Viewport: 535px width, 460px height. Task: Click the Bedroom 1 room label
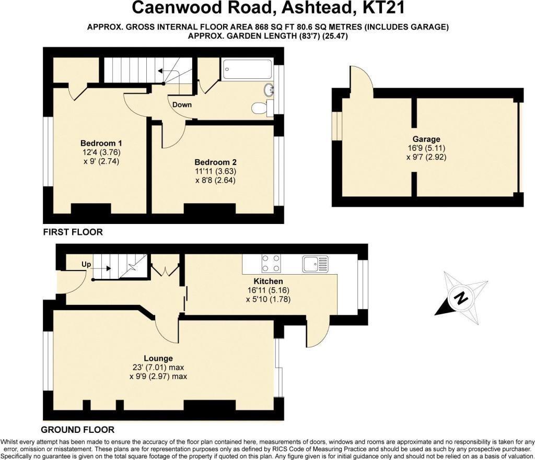(101, 143)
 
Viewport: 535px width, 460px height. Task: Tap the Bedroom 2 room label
(215, 162)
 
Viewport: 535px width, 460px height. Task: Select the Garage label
(426, 139)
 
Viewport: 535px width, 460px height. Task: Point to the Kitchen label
(268, 281)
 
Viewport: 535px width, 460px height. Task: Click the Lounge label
(158, 358)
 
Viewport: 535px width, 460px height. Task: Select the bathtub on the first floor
(247, 70)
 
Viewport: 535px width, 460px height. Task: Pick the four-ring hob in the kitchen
(271, 264)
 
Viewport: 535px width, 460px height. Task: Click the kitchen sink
(315, 264)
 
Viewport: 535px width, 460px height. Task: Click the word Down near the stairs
(182, 104)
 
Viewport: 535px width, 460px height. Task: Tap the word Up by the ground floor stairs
(86, 265)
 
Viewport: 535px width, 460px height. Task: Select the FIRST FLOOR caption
(73, 232)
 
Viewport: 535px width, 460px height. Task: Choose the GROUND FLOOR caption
(78, 430)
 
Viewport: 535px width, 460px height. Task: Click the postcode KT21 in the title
(383, 8)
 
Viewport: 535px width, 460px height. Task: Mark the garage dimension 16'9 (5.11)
(426, 148)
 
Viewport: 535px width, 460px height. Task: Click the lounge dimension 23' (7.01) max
(158, 368)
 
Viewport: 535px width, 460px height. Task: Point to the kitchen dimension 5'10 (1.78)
(268, 300)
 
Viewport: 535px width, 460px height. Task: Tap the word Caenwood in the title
(171, 8)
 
